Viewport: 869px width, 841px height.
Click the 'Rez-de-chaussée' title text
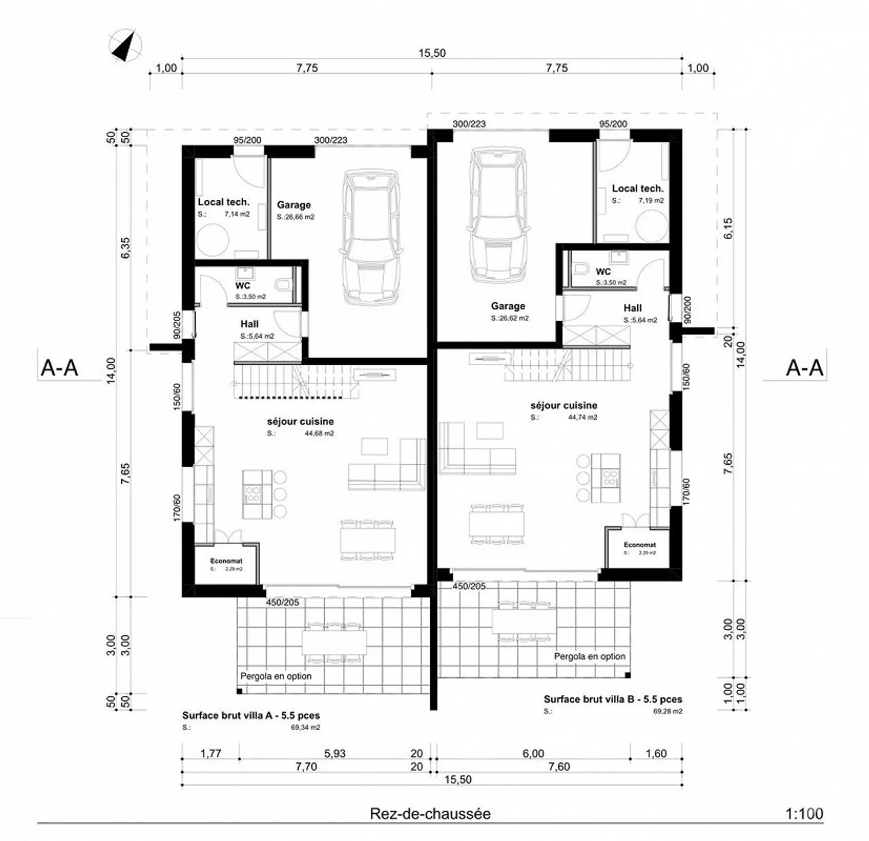(x=430, y=814)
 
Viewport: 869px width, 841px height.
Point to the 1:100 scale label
(x=804, y=814)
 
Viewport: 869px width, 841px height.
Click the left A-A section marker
(x=59, y=367)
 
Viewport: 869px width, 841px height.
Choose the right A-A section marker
(x=804, y=367)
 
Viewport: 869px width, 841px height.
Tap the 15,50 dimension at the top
(x=432, y=53)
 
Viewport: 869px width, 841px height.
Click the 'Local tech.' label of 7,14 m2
(x=223, y=202)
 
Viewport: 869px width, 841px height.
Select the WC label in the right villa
(x=603, y=272)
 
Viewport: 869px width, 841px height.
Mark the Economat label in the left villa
(x=226, y=561)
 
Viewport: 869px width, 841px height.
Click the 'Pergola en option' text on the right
(x=590, y=656)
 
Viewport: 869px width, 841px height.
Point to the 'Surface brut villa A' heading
(x=251, y=715)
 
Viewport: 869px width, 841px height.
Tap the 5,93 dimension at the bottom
(x=335, y=753)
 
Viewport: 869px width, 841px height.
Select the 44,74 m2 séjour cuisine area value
(x=582, y=417)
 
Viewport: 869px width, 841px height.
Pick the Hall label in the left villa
(x=249, y=324)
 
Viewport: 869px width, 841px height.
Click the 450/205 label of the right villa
(x=469, y=586)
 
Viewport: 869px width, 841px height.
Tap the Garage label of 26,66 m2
(x=294, y=205)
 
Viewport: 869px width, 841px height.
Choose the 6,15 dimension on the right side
(x=728, y=228)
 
